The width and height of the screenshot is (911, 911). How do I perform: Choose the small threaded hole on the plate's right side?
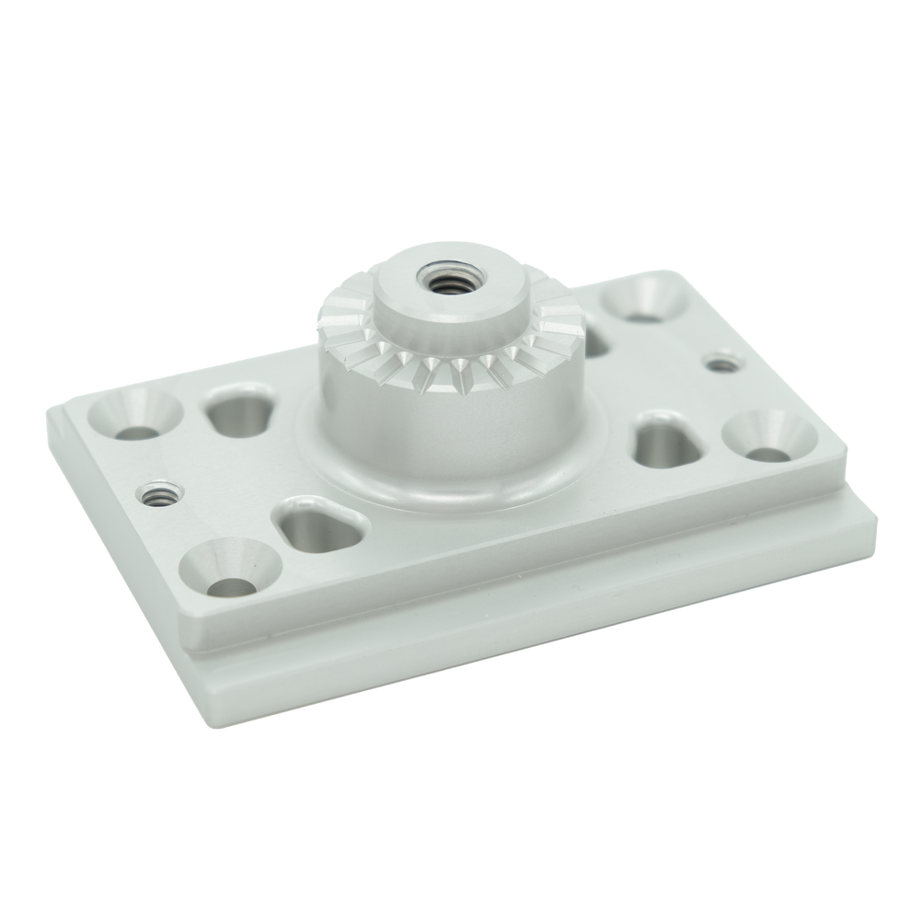pyautogui.click(x=721, y=362)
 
